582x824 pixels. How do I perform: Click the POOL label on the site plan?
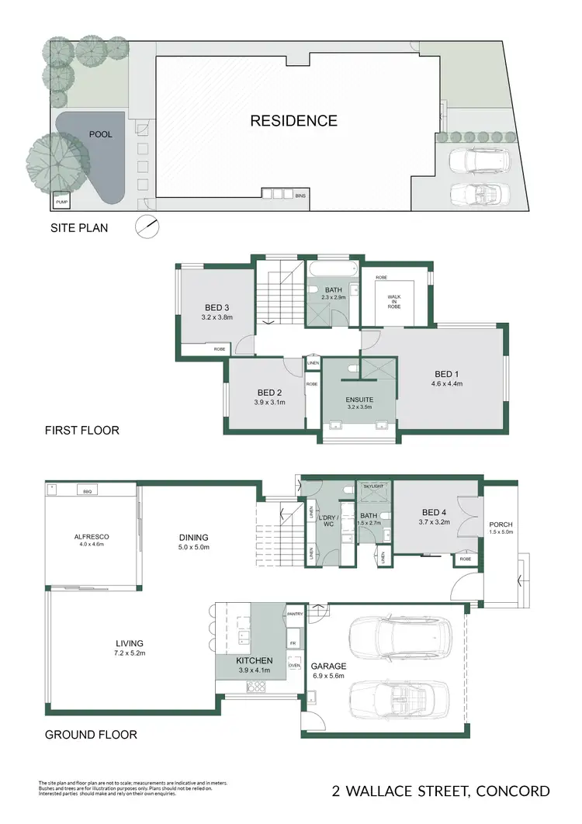100,134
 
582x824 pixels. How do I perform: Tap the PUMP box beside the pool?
61,203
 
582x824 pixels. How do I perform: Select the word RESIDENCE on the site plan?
293,120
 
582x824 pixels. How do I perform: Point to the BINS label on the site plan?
300,196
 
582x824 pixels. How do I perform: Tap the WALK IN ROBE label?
394,300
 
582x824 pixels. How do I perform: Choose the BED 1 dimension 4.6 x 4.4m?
447,383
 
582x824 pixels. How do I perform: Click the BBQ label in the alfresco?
86,491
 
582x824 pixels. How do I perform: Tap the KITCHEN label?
254,660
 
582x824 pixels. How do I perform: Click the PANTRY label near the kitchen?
295,614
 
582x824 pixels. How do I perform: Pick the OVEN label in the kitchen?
294,665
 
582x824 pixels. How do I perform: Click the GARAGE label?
328,666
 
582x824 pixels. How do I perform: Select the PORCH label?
501,524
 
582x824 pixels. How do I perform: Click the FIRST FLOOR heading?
81,430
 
